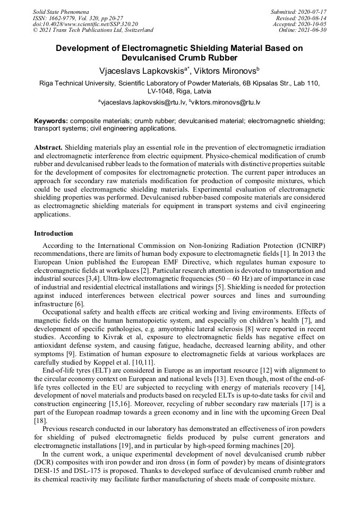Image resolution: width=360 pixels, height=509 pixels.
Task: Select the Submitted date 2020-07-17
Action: point(310,12)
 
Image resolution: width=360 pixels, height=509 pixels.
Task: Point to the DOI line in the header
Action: point(85,24)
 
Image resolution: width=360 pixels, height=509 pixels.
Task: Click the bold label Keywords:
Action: point(51,121)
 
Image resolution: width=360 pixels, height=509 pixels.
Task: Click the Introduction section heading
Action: point(54,233)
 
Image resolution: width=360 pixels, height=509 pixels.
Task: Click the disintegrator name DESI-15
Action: point(48,472)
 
